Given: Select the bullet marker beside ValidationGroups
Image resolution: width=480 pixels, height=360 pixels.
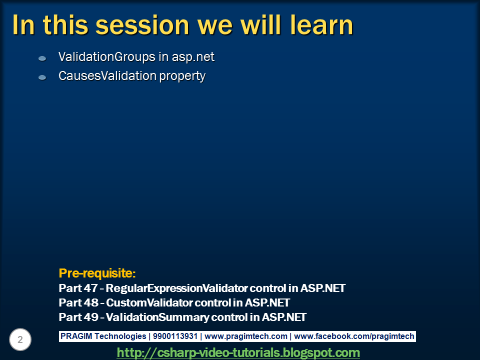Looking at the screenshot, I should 42,58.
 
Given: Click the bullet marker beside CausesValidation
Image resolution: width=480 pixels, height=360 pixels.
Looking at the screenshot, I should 42,77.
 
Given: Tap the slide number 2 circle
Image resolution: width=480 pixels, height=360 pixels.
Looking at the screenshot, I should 20,340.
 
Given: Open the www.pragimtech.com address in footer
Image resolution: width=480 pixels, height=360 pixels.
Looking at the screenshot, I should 246,336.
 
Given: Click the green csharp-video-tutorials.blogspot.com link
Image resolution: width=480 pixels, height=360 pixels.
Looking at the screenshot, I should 238,352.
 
